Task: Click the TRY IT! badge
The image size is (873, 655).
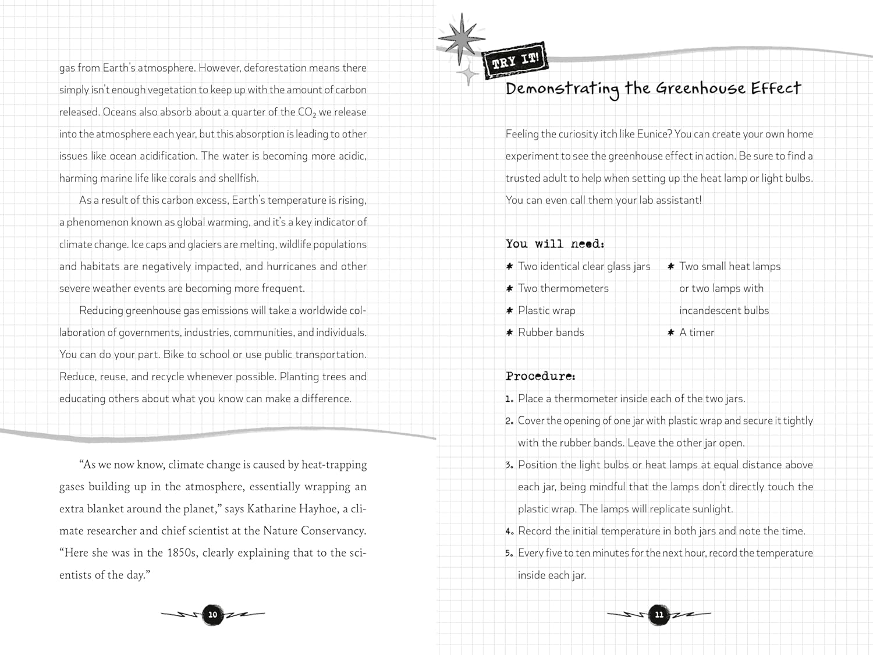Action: pyautogui.click(x=516, y=60)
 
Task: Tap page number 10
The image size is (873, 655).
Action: pyautogui.click(x=212, y=614)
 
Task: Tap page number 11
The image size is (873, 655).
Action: pyautogui.click(x=659, y=614)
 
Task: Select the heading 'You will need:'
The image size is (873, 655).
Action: pyautogui.click(x=555, y=244)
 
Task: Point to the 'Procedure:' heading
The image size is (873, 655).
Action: pyautogui.click(x=540, y=376)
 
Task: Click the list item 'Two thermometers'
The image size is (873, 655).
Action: pyautogui.click(x=563, y=288)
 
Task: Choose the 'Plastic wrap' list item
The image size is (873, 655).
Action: pyautogui.click(x=546, y=310)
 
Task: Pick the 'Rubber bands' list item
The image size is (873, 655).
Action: pyautogui.click(x=551, y=332)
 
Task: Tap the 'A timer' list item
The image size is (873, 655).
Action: pyautogui.click(x=697, y=332)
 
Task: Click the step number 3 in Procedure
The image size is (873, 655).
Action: pyautogui.click(x=509, y=465)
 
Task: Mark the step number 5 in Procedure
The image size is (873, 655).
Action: pyautogui.click(x=509, y=553)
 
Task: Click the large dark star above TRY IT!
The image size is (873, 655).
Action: pyautogui.click(x=460, y=39)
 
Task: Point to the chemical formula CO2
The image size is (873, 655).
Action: pyautogui.click(x=307, y=112)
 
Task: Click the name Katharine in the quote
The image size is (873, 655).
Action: pyautogui.click(x=272, y=509)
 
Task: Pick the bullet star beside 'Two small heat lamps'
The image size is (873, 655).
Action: pyautogui.click(x=670, y=266)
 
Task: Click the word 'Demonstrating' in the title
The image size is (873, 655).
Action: pyautogui.click(x=562, y=89)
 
